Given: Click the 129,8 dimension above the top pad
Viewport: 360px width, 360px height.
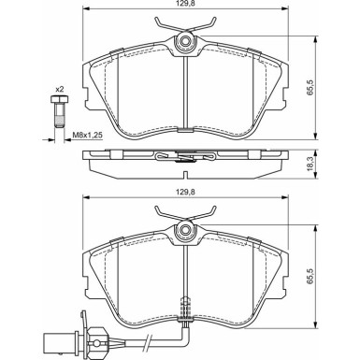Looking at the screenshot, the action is [x=185, y=4].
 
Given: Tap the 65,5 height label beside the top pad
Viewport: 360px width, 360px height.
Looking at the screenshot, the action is [x=310, y=88].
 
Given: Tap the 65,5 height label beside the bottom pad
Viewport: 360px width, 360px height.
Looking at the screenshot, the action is [x=310, y=277].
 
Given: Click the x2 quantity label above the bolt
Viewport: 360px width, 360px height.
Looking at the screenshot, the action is [x=59, y=90].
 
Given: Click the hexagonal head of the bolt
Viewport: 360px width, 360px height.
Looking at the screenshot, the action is [x=59, y=99].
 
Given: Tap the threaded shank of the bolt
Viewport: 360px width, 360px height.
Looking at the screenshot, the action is [x=59, y=115].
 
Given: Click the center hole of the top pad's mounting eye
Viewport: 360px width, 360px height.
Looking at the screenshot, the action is [x=185, y=41].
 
